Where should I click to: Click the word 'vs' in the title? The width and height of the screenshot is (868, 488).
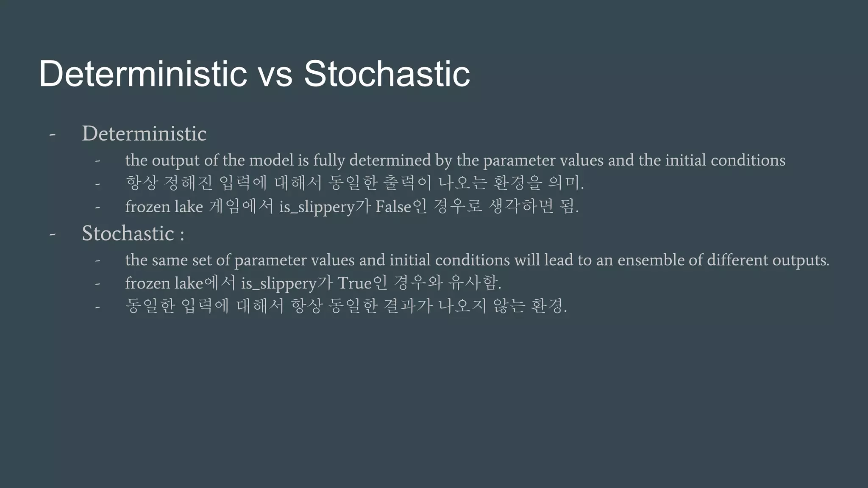click(x=275, y=74)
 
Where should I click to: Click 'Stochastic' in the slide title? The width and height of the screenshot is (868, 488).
click(x=387, y=74)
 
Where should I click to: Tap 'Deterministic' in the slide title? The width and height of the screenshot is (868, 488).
click(x=143, y=74)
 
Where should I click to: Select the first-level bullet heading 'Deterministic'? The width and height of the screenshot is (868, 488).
click(x=144, y=134)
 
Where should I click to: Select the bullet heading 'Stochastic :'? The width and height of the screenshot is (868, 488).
click(x=133, y=233)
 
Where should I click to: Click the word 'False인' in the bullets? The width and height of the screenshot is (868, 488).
click(x=401, y=207)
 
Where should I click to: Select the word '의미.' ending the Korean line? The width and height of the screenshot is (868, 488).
click(x=566, y=183)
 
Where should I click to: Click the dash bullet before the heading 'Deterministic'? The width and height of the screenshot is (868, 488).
click(x=53, y=135)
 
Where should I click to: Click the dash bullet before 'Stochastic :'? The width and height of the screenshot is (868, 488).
click(x=53, y=234)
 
